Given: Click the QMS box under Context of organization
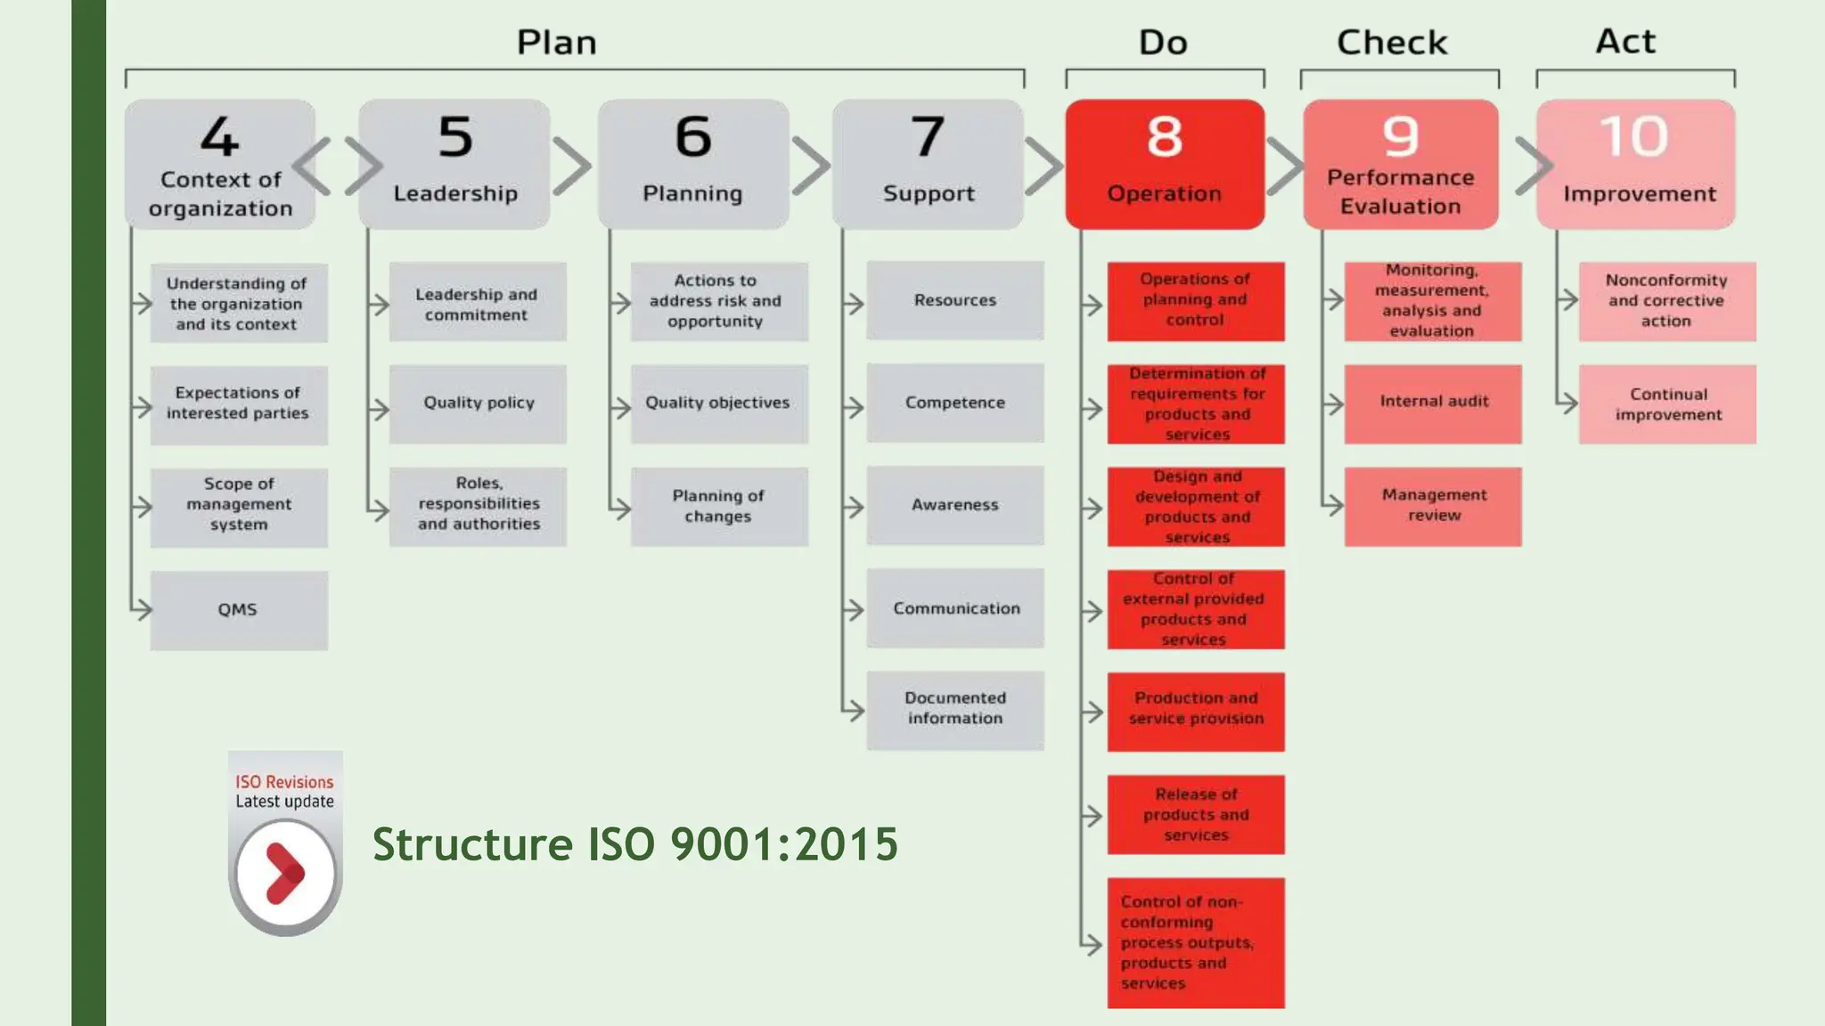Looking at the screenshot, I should [x=238, y=610].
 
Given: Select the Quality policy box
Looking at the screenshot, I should [x=478, y=403].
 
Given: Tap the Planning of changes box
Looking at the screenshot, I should [x=718, y=506].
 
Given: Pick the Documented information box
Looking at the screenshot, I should [x=954, y=709].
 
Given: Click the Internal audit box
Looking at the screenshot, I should [x=1433, y=403].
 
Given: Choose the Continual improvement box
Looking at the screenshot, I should [x=1667, y=404].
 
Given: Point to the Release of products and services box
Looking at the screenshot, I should [x=1195, y=814].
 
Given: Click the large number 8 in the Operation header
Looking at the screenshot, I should [x=1164, y=137].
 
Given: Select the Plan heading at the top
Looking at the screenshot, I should [x=557, y=43].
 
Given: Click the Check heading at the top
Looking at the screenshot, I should [x=1392, y=43].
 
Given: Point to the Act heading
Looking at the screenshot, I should [x=1625, y=41].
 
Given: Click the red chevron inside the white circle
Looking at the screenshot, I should [x=285, y=874].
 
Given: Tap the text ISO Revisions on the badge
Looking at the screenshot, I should [x=284, y=781].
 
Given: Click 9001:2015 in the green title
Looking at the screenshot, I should [x=784, y=843].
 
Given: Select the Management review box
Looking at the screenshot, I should [x=1433, y=506].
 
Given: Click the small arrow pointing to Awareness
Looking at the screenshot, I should [x=853, y=508].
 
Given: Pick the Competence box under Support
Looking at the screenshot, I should [x=954, y=403].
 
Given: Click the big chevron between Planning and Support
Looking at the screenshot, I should [x=810, y=166].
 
